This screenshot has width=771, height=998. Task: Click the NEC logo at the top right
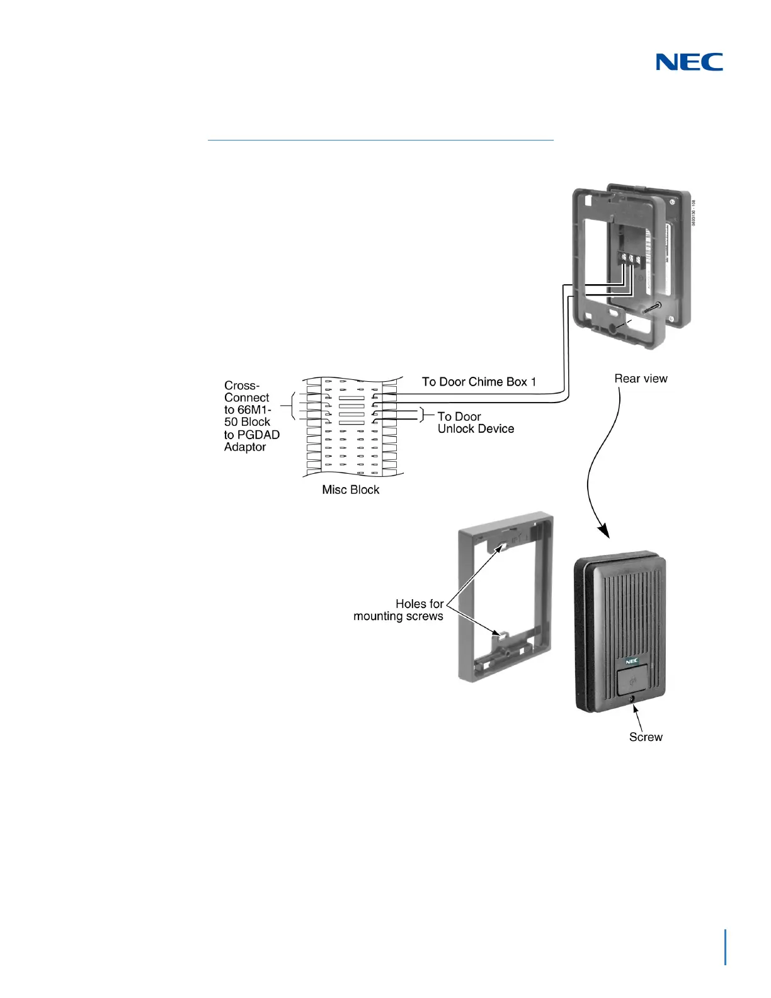click(x=689, y=62)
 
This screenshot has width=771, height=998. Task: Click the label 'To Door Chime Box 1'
click(x=479, y=382)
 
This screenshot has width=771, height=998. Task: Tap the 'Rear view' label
click(x=641, y=379)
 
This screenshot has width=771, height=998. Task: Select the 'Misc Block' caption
click(x=350, y=490)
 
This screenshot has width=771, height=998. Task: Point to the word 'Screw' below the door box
click(x=646, y=737)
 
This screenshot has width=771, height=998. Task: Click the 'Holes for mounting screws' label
click(x=399, y=610)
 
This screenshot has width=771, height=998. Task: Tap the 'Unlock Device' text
click(x=476, y=429)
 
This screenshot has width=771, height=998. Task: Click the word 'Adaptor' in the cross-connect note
click(x=245, y=447)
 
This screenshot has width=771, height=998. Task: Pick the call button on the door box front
click(x=632, y=681)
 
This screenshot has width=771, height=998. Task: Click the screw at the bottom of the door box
click(x=632, y=699)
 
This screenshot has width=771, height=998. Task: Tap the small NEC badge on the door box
click(x=631, y=661)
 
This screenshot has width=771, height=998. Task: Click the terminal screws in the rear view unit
click(x=630, y=259)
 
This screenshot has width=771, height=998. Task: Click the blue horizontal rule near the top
click(x=380, y=140)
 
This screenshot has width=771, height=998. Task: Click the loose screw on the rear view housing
click(x=651, y=308)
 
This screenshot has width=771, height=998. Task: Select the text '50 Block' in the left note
click(x=247, y=422)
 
